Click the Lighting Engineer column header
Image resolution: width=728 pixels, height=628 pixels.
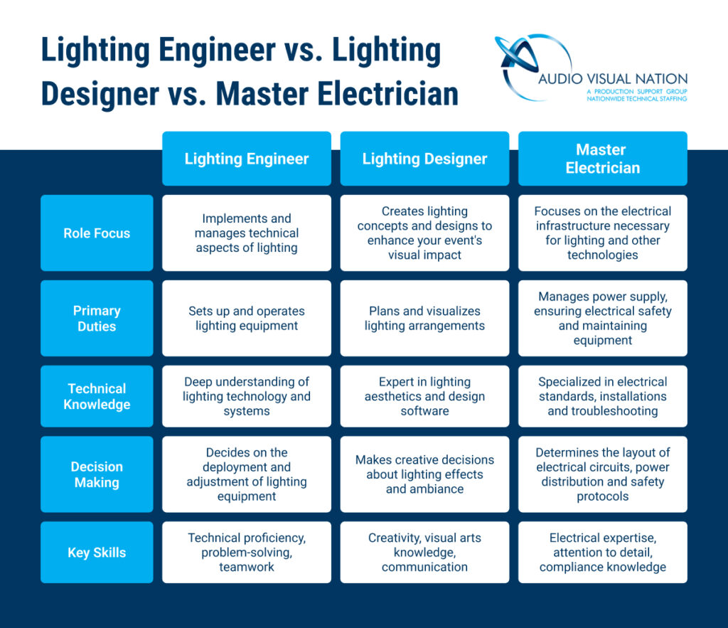(x=247, y=159)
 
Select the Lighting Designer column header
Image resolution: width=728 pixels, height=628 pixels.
(x=424, y=159)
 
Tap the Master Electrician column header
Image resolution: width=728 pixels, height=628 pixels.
(x=603, y=159)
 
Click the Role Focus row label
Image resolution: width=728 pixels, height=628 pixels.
(x=97, y=233)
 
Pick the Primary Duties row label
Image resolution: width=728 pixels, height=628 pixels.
(x=97, y=318)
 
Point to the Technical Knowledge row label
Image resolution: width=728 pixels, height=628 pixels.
(x=97, y=396)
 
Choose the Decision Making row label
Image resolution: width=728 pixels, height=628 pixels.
(x=97, y=474)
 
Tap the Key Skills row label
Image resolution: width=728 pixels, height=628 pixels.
(x=97, y=553)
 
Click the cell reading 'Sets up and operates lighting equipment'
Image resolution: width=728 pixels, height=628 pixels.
(x=247, y=318)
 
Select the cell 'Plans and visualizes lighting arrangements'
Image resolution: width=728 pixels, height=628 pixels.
(x=424, y=318)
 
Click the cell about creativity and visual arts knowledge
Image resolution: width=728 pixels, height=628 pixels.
(x=424, y=553)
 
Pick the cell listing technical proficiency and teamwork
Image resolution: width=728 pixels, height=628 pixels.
(x=247, y=553)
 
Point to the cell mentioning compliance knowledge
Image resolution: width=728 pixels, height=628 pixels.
(x=603, y=553)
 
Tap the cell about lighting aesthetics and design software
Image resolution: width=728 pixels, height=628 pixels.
(x=424, y=396)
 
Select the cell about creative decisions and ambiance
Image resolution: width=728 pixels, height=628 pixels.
(x=424, y=474)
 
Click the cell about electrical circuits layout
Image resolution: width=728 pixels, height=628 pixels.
(x=603, y=474)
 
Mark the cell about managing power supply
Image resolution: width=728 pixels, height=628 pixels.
(x=603, y=318)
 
